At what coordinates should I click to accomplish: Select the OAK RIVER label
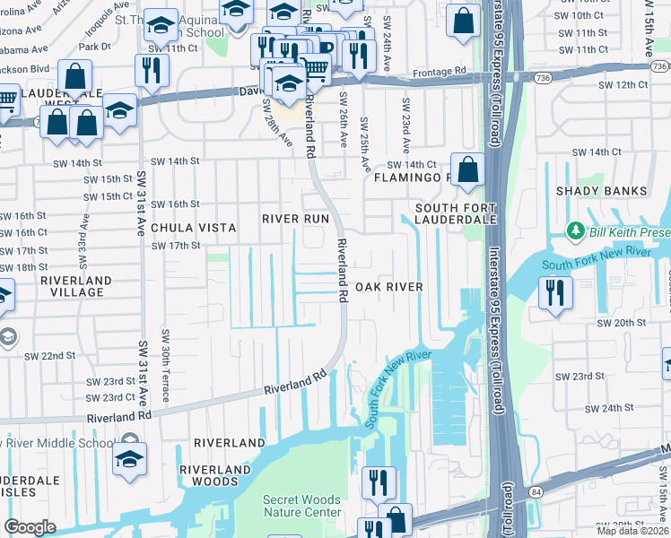click(x=388, y=287)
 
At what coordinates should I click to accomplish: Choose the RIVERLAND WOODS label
click(x=215, y=476)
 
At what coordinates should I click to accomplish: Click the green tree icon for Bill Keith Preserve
click(x=575, y=233)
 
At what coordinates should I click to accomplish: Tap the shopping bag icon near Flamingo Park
click(x=467, y=169)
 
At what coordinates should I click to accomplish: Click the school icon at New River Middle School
click(x=129, y=458)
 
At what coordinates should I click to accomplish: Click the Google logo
click(x=30, y=527)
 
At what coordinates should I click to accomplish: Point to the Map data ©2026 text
click(x=633, y=531)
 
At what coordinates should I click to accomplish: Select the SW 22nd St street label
click(x=49, y=356)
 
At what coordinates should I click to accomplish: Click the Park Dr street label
click(x=94, y=46)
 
